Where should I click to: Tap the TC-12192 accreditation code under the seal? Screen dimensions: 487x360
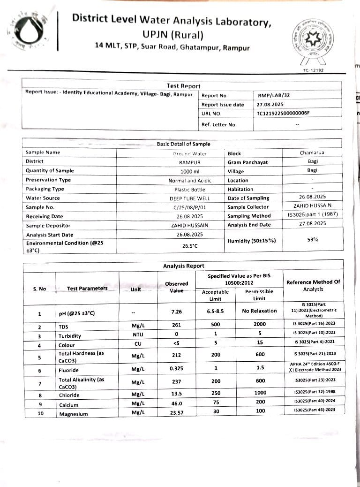click(313, 70)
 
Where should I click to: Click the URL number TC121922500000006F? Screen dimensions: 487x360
click(283, 114)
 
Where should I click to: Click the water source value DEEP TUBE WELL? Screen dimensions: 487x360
click(190, 198)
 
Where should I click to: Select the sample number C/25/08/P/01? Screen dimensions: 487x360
click(190, 207)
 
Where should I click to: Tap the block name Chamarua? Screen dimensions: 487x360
click(312, 152)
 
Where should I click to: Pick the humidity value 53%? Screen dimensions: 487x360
click(312, 239)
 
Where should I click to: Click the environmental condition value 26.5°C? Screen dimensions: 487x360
click(190, 245)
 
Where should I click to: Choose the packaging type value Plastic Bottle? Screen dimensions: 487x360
click(190, 189)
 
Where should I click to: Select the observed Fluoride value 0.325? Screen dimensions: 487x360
click(176, 369)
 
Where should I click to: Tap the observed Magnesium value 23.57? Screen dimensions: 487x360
click(176, 413)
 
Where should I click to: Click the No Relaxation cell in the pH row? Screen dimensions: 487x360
click(259, 311)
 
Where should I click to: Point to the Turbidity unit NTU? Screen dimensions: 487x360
click(137, 335)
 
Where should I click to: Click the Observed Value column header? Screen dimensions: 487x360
click(176, 287)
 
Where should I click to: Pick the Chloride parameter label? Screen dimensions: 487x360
click(69, 395)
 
